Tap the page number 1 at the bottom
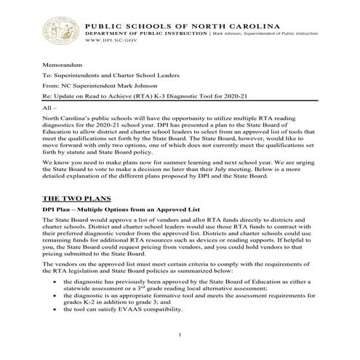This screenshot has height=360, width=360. [180, 334]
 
